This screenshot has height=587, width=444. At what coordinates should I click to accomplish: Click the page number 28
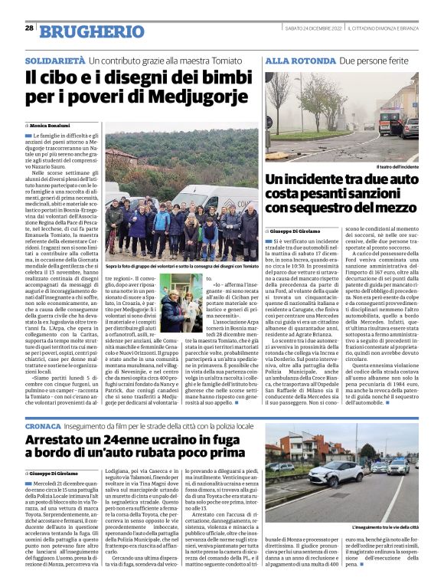[x=28, y=28]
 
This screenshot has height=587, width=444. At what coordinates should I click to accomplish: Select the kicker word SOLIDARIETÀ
[x=54, y=59]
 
